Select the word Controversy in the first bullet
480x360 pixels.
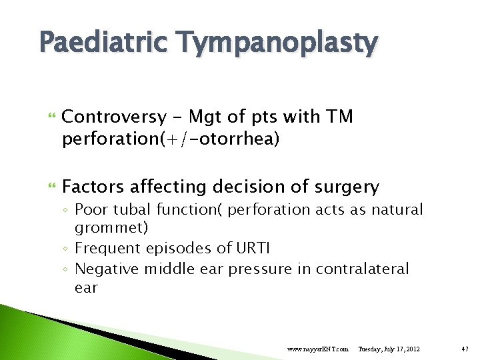(x=113, y=117)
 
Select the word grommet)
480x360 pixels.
(x=111, y=228)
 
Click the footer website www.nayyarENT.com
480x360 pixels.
(x=317, y=349)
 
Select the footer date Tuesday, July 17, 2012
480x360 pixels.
(x=389, y=349)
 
